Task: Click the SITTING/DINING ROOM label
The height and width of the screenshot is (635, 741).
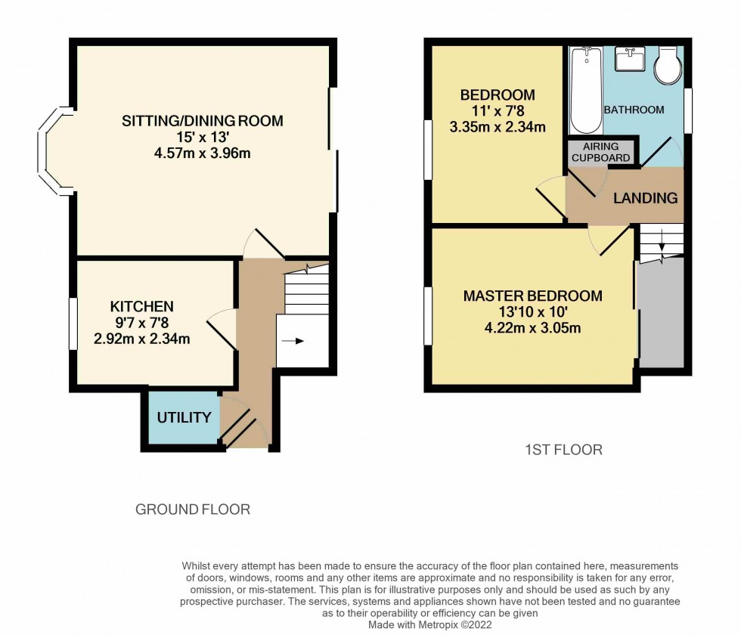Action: click(203, 121)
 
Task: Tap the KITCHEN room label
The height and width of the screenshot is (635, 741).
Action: click(141, 306)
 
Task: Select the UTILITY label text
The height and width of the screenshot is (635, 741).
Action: click(178, 417)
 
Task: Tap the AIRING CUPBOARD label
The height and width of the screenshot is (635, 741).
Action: click(600, 152)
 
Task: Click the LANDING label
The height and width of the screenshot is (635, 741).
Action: click(645, 198)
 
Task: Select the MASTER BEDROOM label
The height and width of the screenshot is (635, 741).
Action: click(532, 296)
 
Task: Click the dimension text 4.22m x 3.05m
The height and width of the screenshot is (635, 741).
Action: click(532, 328)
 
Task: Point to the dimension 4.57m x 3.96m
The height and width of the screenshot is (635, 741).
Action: click(202, 153)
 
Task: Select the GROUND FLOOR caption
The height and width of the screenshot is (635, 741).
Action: click(192, 510)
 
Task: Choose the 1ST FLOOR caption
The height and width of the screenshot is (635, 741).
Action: click(563, 450)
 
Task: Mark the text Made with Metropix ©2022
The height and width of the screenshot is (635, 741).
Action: click(429, 626)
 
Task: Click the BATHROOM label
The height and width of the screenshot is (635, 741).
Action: click(634, 110)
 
